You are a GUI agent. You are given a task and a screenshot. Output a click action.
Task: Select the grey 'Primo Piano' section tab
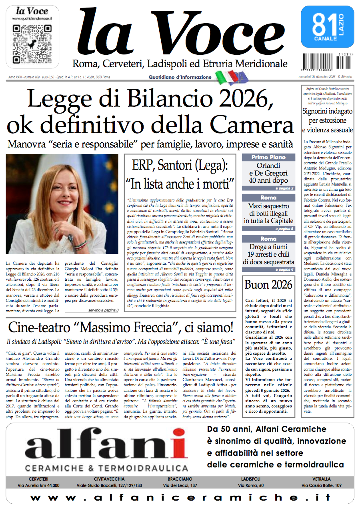pyautogui.click(x=268, y=158)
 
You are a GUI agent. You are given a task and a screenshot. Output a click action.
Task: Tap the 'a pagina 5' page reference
pyautogui.click(x=284, y=229)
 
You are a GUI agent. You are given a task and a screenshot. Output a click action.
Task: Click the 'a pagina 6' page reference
pyautogui.click(x=284, y=269)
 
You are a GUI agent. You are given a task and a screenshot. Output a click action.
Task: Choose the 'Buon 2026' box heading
pyautogui.click(x=268, y=285)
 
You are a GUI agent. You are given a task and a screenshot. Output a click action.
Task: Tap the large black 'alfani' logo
pyautogui.click(x=106, y=446)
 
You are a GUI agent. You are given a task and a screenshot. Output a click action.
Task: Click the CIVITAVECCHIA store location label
pyautogui.click(x=109, y=479)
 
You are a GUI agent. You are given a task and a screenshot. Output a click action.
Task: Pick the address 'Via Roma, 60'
pyautogui.click(x=251, y=485)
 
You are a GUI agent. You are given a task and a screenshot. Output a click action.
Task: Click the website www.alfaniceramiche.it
pyautogui.click(x=180, y=498)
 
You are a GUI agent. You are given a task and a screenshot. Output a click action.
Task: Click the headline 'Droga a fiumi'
pyautogui.click(x=268, y=247)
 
